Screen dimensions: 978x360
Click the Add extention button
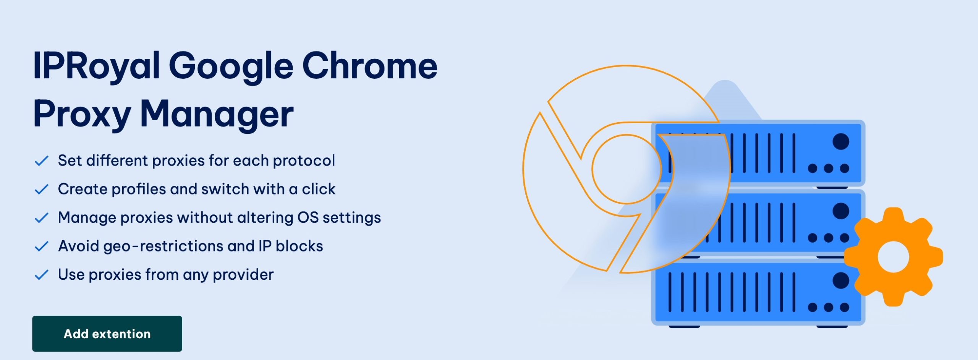click(x=107, y=334)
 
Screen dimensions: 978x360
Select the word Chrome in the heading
click(x=370, y=66)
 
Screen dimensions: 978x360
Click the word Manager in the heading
click(x=217, y=114)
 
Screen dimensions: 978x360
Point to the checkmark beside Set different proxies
click(x=41, y=161)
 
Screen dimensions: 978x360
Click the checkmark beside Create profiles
click(x=41, y=189)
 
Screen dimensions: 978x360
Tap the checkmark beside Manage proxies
click(x=41, y=218)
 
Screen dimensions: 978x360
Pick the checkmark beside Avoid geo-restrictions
click(x=41, y=246)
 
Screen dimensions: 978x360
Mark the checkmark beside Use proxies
click(x=41, y=275)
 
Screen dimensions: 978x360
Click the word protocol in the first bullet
click(x=304, y=161)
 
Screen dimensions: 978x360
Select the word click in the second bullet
click(x=319, y=189)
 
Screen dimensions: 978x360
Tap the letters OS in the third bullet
click(x=308, y=217)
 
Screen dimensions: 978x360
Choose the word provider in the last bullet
click(x=243, y=275)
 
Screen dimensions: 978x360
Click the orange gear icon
click(x=893, y=257)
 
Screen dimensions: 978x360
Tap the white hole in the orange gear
click(x=893, y=257)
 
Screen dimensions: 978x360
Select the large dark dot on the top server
click(x=841, y=141)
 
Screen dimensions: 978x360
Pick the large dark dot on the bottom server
click(x=841, y=281)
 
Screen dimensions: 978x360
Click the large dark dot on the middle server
click(x=841, y=211)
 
